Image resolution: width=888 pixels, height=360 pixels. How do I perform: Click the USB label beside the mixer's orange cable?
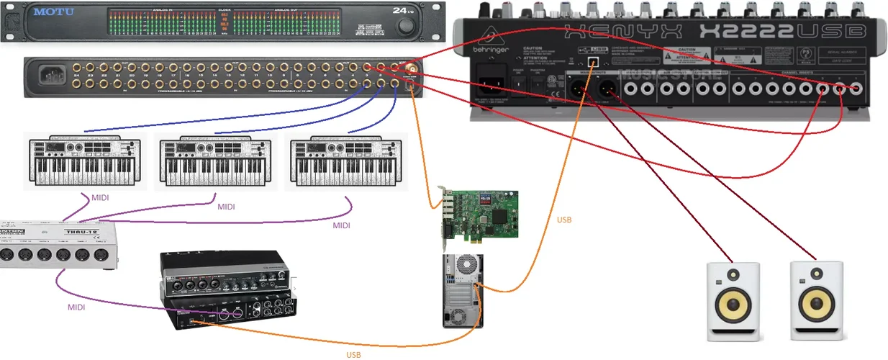[x=564, y=220]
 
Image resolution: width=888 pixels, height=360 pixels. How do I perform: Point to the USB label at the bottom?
[x=353, y=354]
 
